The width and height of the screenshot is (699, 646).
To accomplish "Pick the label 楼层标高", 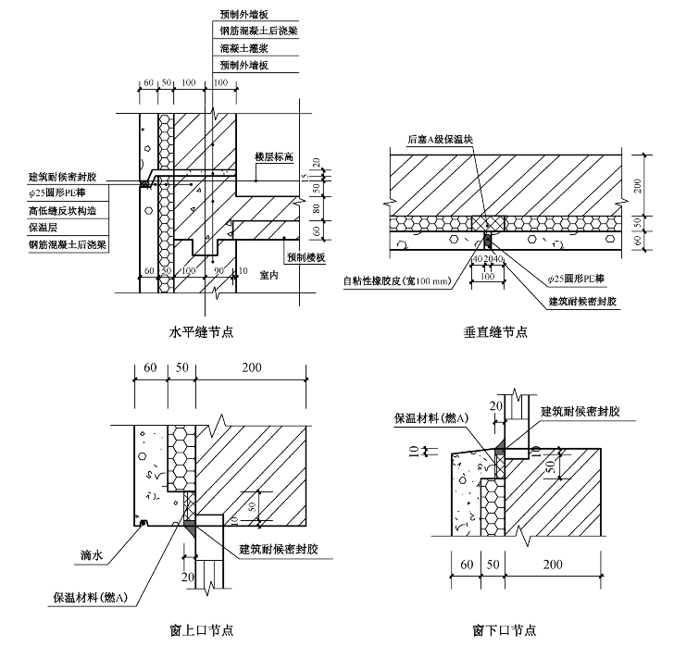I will point(275,157).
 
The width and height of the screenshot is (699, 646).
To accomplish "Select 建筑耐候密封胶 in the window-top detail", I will point(279,550).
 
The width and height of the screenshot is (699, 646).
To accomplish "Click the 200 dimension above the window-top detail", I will point(251,368).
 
